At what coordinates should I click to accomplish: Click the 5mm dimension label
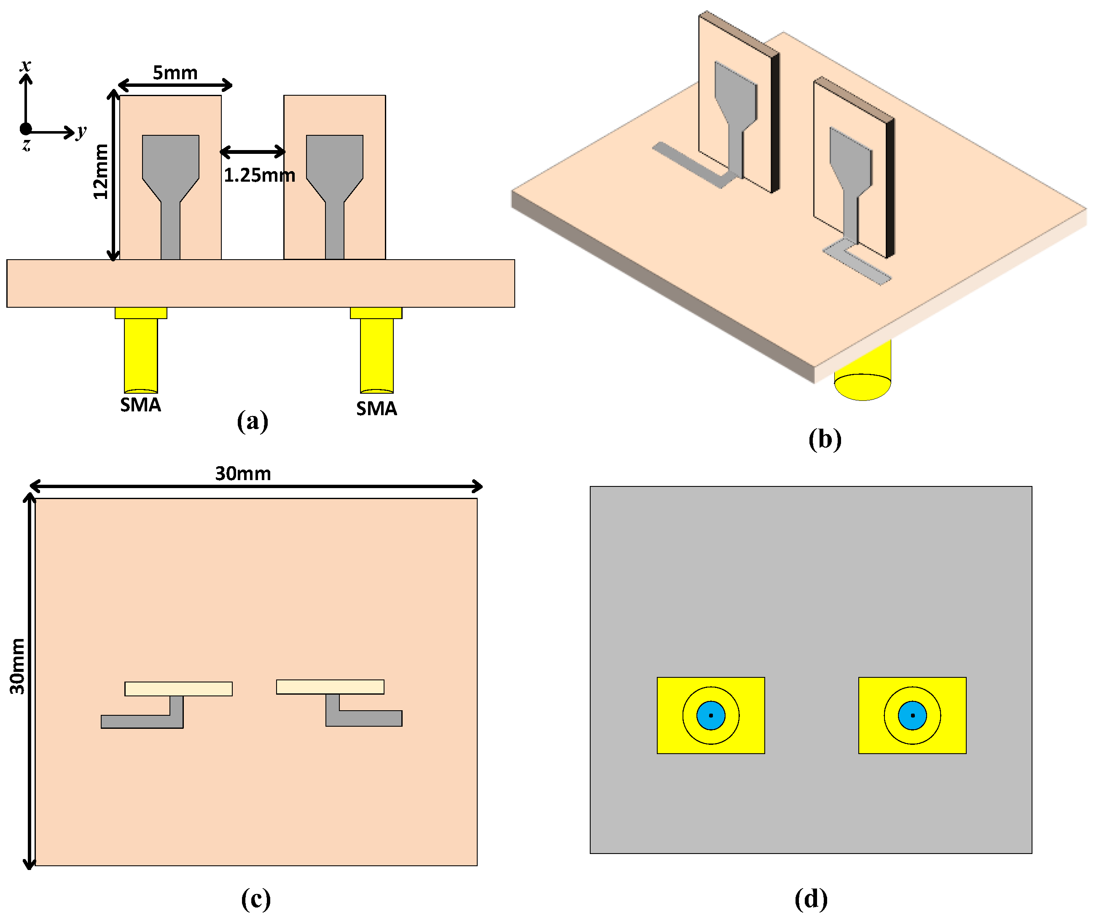[175, 72]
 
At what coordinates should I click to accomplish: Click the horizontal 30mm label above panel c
[243, 473]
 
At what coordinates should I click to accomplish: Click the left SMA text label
[140, 405]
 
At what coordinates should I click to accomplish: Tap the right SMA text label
[376, 408]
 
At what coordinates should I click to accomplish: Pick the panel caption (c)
[255, 898]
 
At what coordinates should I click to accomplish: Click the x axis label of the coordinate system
[25, 65]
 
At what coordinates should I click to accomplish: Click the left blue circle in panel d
[711, 715]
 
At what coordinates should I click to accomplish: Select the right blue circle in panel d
[912, 715]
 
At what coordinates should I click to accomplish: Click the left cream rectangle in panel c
[179, 689]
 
